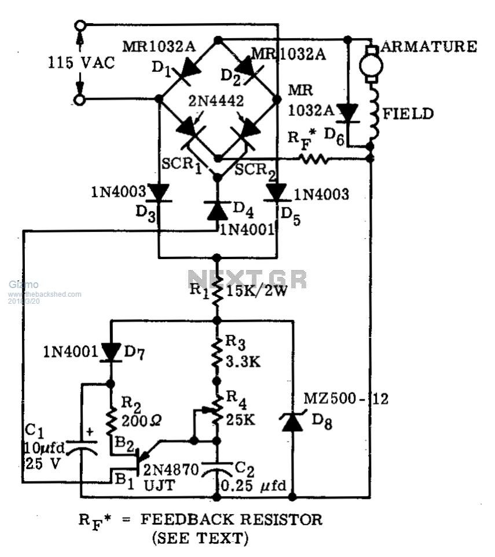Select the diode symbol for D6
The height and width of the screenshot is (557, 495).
[x=347, y=113]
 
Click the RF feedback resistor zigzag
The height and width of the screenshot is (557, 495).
[x=316, y=158]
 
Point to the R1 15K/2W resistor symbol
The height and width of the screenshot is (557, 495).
[x=217, y=289]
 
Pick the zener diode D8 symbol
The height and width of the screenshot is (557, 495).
[x=292, y=422]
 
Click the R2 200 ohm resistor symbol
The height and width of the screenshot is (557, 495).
[x=111, y=418]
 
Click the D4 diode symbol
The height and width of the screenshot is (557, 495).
[x=217, y=210]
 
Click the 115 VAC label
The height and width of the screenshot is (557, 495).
[x=81, y=63]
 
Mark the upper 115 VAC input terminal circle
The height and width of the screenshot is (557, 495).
[x=80, y=26]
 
